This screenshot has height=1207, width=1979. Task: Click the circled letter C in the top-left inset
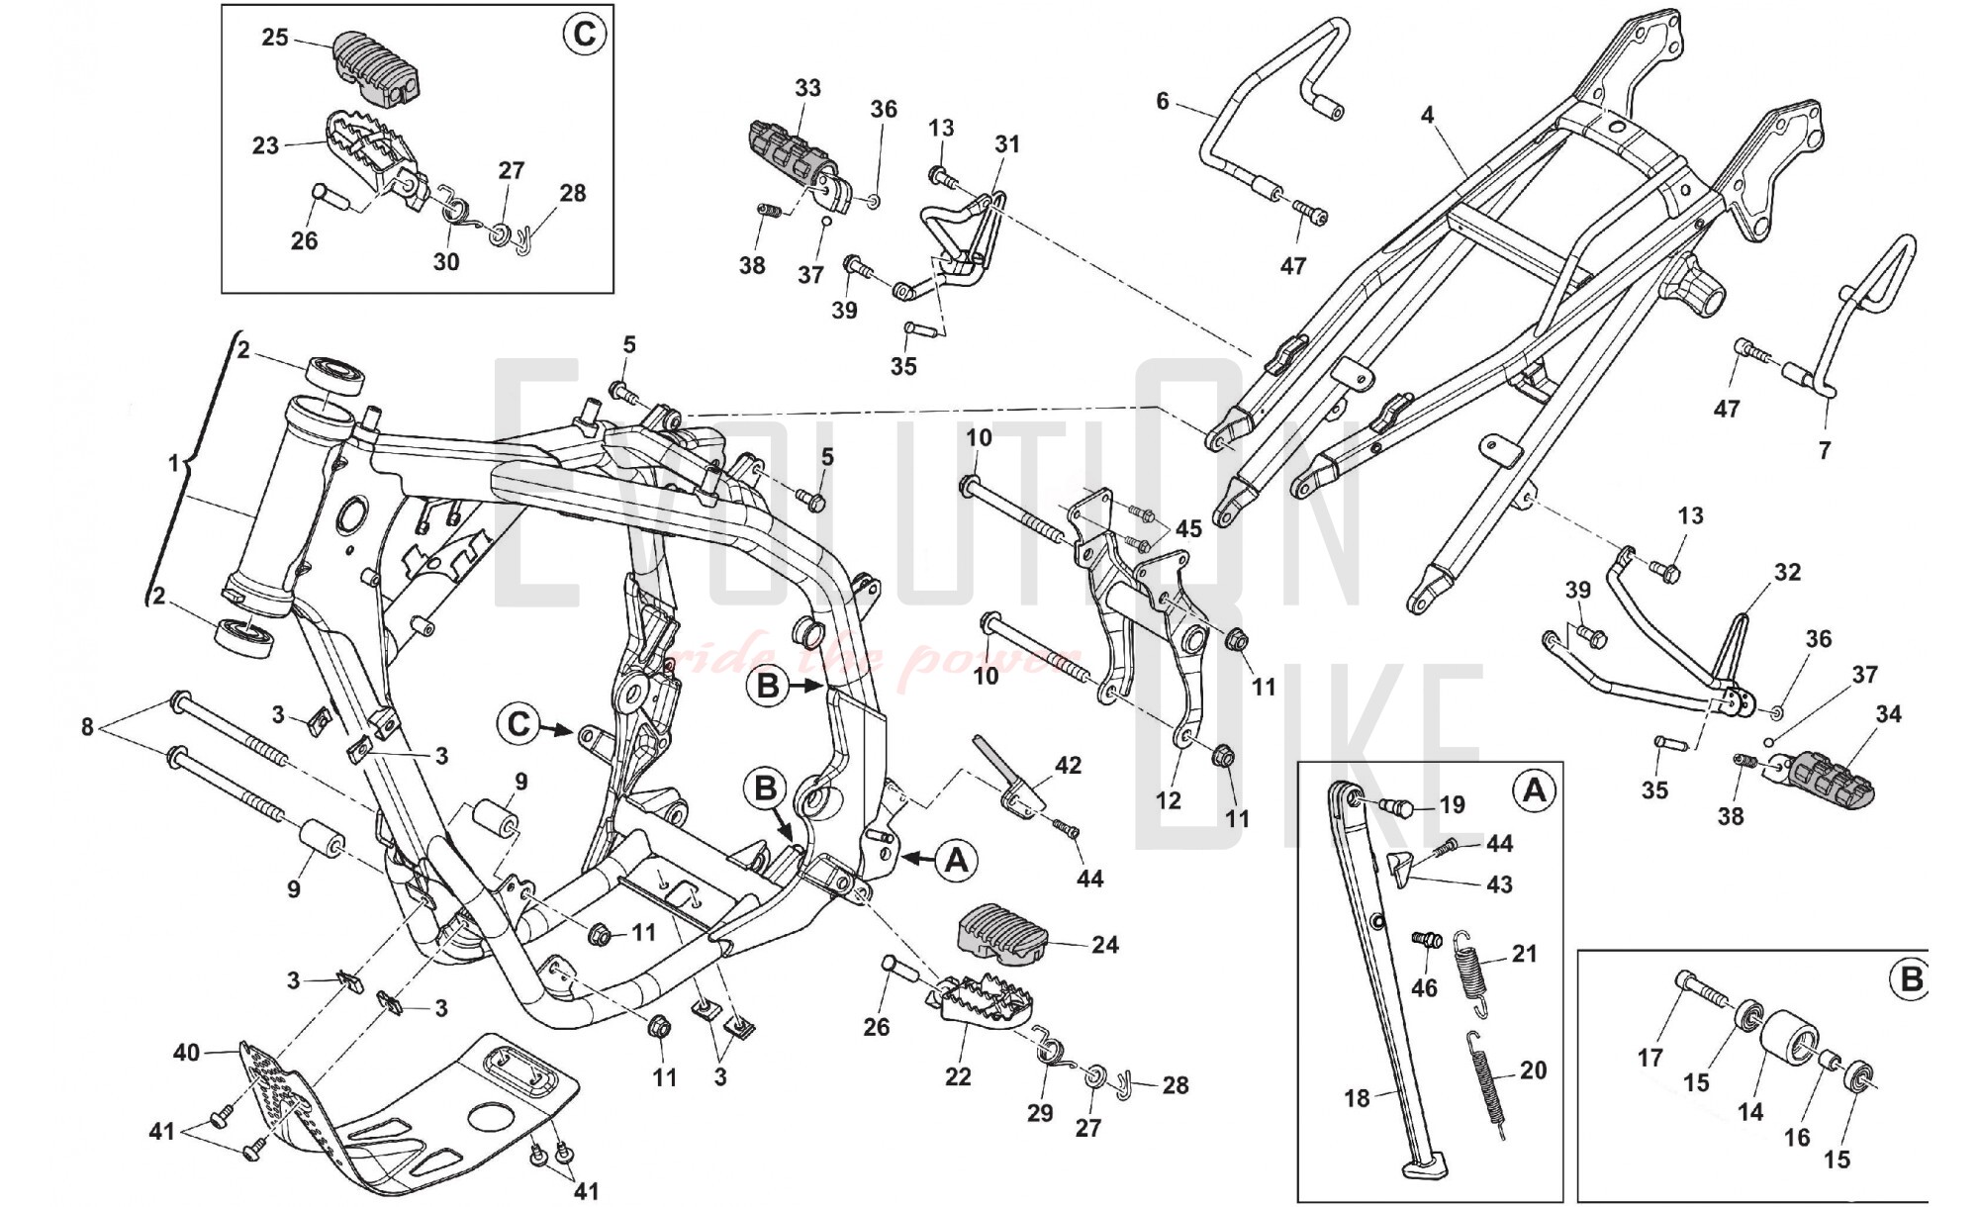click(583, 35)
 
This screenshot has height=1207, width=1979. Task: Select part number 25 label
click(275, 38)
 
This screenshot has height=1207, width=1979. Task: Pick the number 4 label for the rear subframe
click(1427, 115)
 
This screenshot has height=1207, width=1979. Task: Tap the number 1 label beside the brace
click(174, 463)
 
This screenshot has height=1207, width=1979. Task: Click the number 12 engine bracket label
click(1169, 799)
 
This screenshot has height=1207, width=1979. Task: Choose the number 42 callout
click(1068, 765)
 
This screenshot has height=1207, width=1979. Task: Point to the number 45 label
click(1188, 528)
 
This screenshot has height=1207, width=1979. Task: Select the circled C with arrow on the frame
click(520, 724)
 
